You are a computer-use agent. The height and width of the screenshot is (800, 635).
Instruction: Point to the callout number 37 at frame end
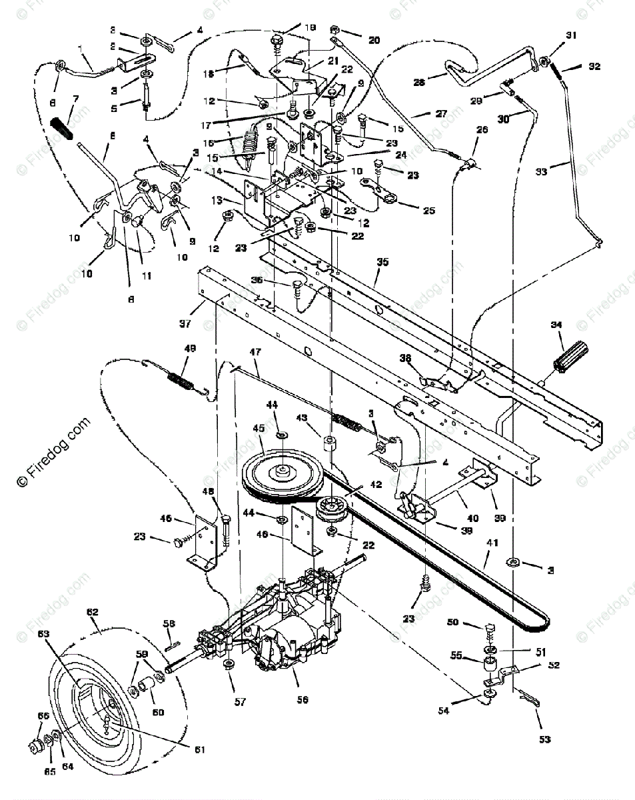[185, 324]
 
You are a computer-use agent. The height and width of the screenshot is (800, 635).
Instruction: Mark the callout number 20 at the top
[374, 40]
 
